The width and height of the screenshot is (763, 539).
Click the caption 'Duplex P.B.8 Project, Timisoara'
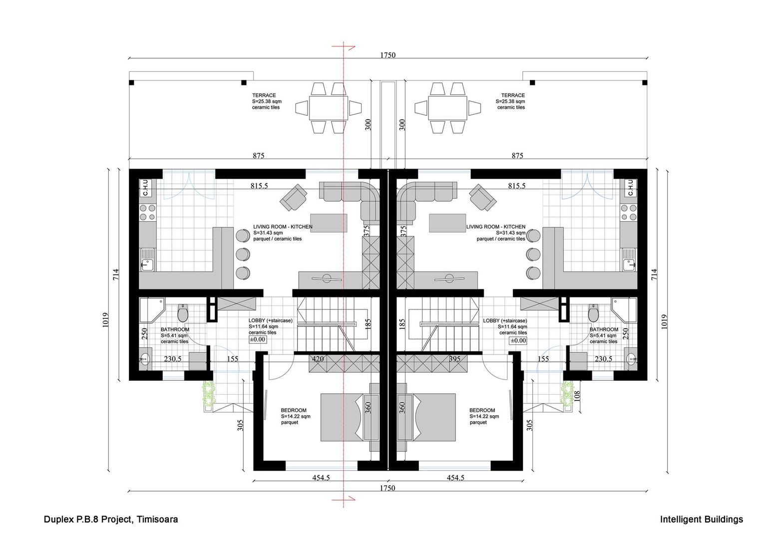tap(111, 520)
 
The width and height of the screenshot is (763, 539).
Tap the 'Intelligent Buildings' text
tap(701, 520)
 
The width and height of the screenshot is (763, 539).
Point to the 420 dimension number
tap(318, 359)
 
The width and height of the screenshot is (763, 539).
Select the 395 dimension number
tap(454, 359)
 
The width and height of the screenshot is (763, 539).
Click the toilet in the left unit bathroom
tap(183, 313)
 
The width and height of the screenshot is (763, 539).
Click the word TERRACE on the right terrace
tap(513, 95)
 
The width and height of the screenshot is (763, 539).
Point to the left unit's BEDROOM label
tap(294, 410)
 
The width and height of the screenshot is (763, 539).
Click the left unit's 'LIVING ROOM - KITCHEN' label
tap(283, 227)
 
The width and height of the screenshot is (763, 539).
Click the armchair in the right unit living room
tap(482, 198)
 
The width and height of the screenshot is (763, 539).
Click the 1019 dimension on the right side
tap(663, 319)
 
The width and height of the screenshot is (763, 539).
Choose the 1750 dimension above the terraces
tap(387, 55)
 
